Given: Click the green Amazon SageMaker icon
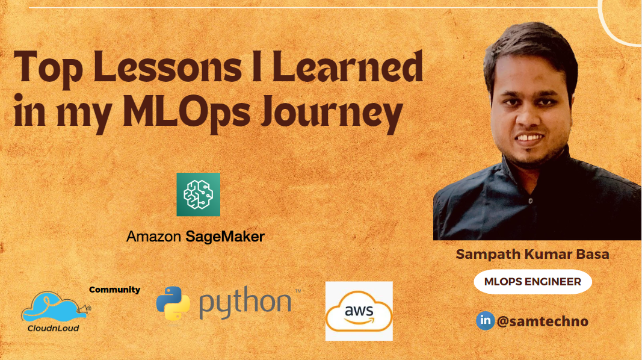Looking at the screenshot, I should (198, 194).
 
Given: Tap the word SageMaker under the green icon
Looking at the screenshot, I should (224, 237).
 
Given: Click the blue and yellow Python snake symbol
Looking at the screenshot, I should (173, 303).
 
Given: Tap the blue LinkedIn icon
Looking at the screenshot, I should (485, 320).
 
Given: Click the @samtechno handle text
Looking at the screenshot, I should (542, 321).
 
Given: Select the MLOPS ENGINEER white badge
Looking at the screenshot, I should (532, 282).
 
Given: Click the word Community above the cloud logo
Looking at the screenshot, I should (114, 290).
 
